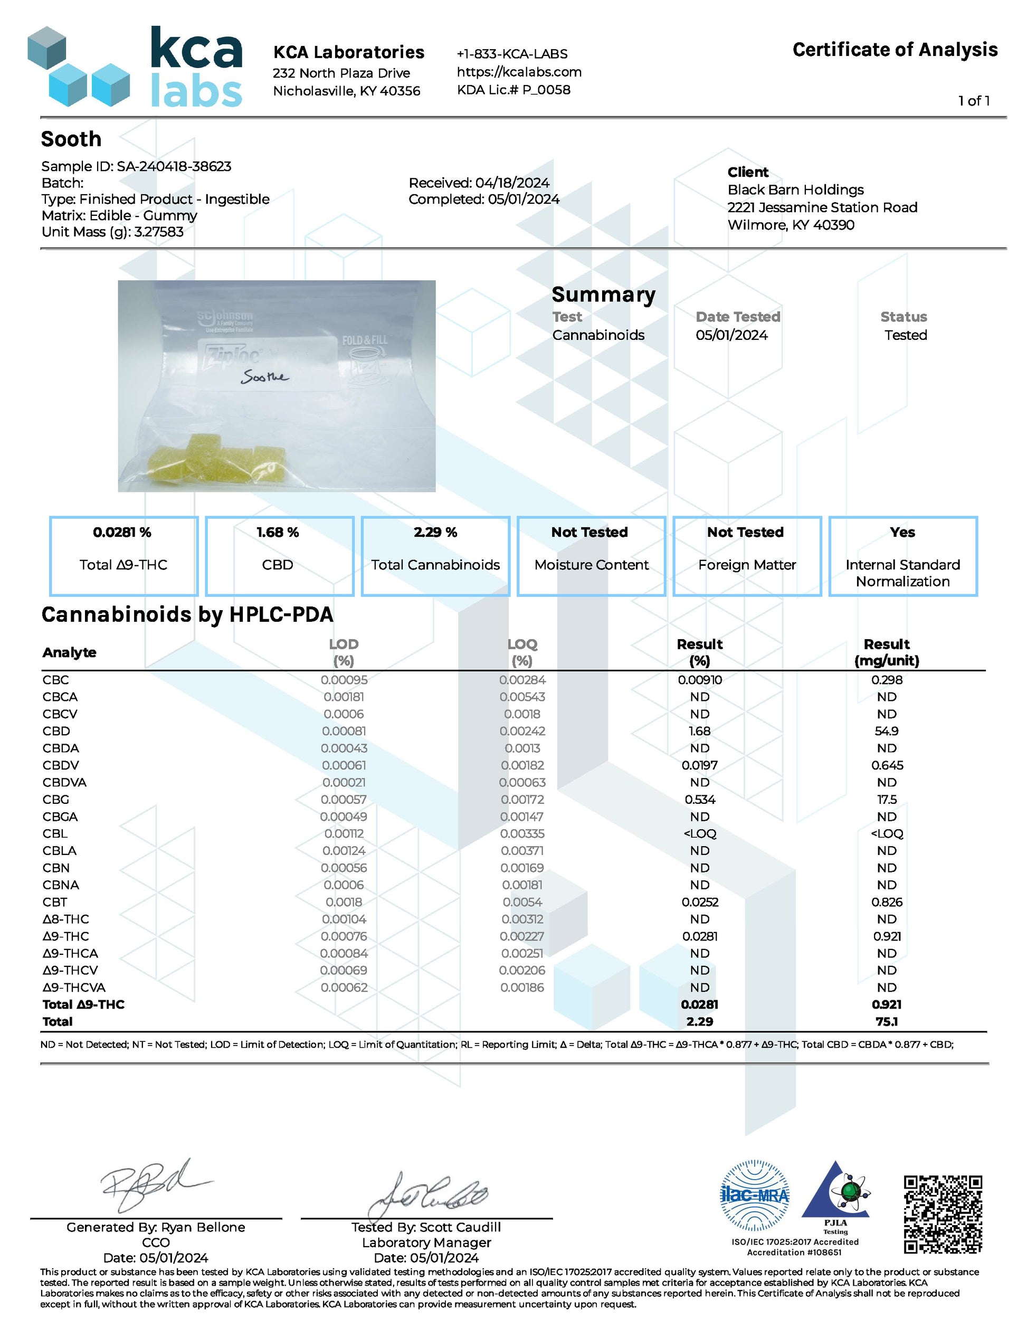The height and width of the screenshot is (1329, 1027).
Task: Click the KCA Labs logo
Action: tap(135, 67)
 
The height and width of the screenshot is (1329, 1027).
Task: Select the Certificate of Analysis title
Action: tap(895, 50)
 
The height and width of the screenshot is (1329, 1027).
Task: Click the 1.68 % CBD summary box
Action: tap(279, 556)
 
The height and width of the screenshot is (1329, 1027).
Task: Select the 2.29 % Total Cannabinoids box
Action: tap(435, 556)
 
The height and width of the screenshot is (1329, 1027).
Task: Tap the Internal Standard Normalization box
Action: tap(902, 556)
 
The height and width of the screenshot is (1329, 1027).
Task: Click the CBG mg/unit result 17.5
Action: tap(887, 800)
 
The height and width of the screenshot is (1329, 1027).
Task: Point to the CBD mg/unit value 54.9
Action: tap(887, 731)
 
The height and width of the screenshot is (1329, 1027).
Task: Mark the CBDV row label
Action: tap(61, 765)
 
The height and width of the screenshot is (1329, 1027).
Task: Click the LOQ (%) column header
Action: tap(522, 652)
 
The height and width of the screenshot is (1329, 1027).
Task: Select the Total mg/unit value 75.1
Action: tap(887, 1022)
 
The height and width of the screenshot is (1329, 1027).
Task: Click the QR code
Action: tap(943, 1214)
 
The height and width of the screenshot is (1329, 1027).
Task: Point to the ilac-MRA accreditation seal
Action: tap(755, 1196)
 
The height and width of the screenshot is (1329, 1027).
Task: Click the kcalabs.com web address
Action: tap(519, 72)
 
